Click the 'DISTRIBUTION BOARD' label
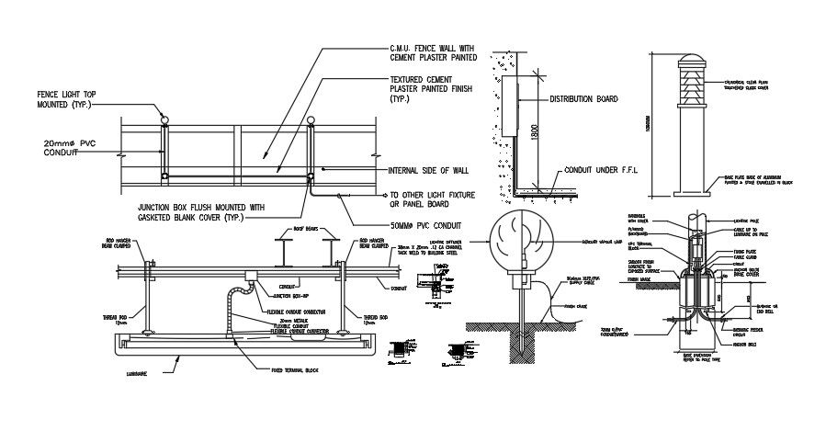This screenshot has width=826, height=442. [x=583, y=98]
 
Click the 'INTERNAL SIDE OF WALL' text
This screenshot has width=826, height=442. [x=428, y=171]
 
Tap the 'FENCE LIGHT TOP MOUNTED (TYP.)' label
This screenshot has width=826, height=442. [x=66, y=99]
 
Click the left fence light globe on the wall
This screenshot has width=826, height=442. [x=164, y=119]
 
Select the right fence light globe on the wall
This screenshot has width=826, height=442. [x=311, y=119]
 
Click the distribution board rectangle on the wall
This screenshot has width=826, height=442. [x=510, y=108]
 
